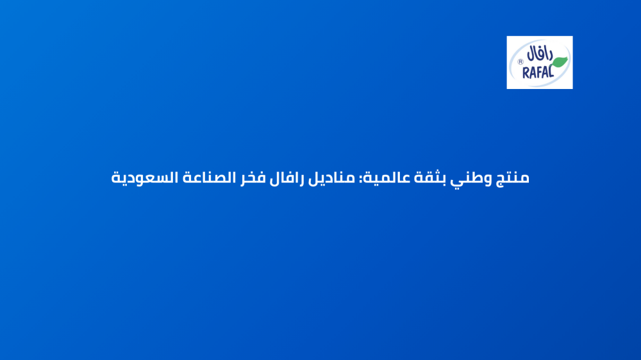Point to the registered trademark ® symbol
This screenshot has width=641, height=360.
[520, 63]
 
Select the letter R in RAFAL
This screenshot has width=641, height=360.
[526, 73]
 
